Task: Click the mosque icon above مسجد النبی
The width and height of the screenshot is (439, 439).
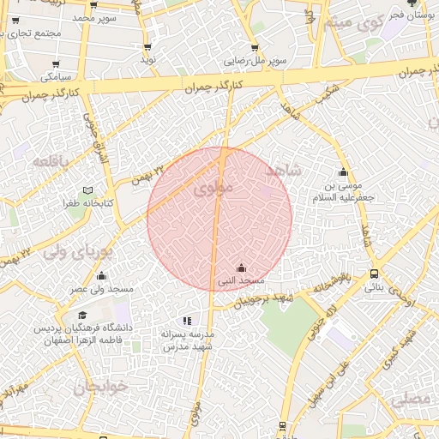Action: click(x=240, y=268)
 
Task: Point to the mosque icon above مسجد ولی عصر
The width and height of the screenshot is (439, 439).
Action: click(x=102, y=276)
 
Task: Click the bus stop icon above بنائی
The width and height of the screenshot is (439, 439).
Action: click(x=373, y=274)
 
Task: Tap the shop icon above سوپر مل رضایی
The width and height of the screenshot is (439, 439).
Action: click(x=256, y=48)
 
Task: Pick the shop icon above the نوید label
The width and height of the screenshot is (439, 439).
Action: click(x=148, y=47)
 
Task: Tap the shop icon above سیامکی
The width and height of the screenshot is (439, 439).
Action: click(x=56, y=63)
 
